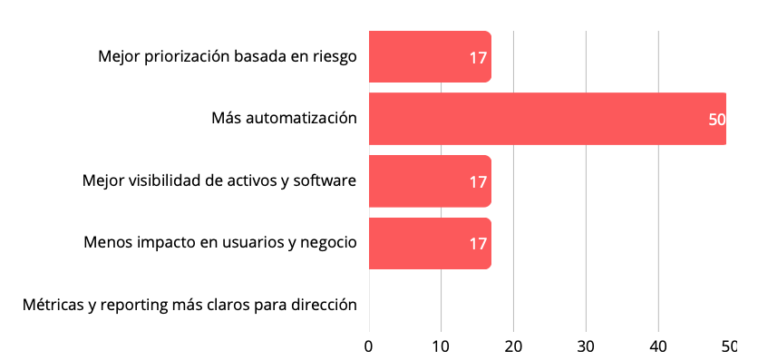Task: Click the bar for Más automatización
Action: (544, 119)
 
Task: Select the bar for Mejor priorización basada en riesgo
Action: (426, 57)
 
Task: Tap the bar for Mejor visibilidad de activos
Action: (426, 181)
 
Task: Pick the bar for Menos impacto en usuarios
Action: (426, 243)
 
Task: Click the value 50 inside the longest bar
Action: (716, 120)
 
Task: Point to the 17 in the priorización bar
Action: (478, 58)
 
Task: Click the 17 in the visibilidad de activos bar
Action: (478, 182)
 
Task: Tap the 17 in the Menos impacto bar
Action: (478, 244)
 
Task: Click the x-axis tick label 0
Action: (368, 346)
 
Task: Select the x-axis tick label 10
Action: (441, 346)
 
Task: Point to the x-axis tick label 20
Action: (513, 346)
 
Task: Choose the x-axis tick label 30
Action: (586, 346)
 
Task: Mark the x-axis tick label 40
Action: (658, 346)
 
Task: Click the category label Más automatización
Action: (283, 118)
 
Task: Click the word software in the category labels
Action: (324, 180)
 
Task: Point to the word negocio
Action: (328, 242)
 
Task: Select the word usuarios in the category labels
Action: (233, 242)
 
